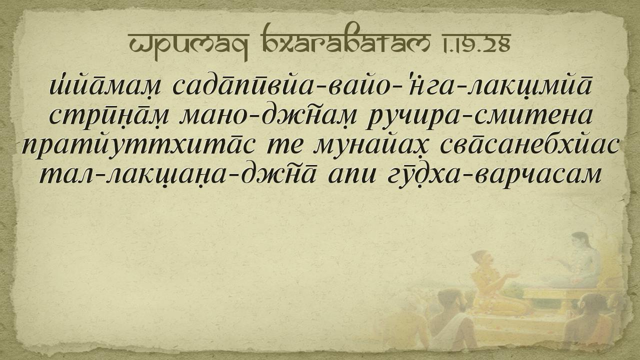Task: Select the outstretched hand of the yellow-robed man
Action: [x=512, y=275]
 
